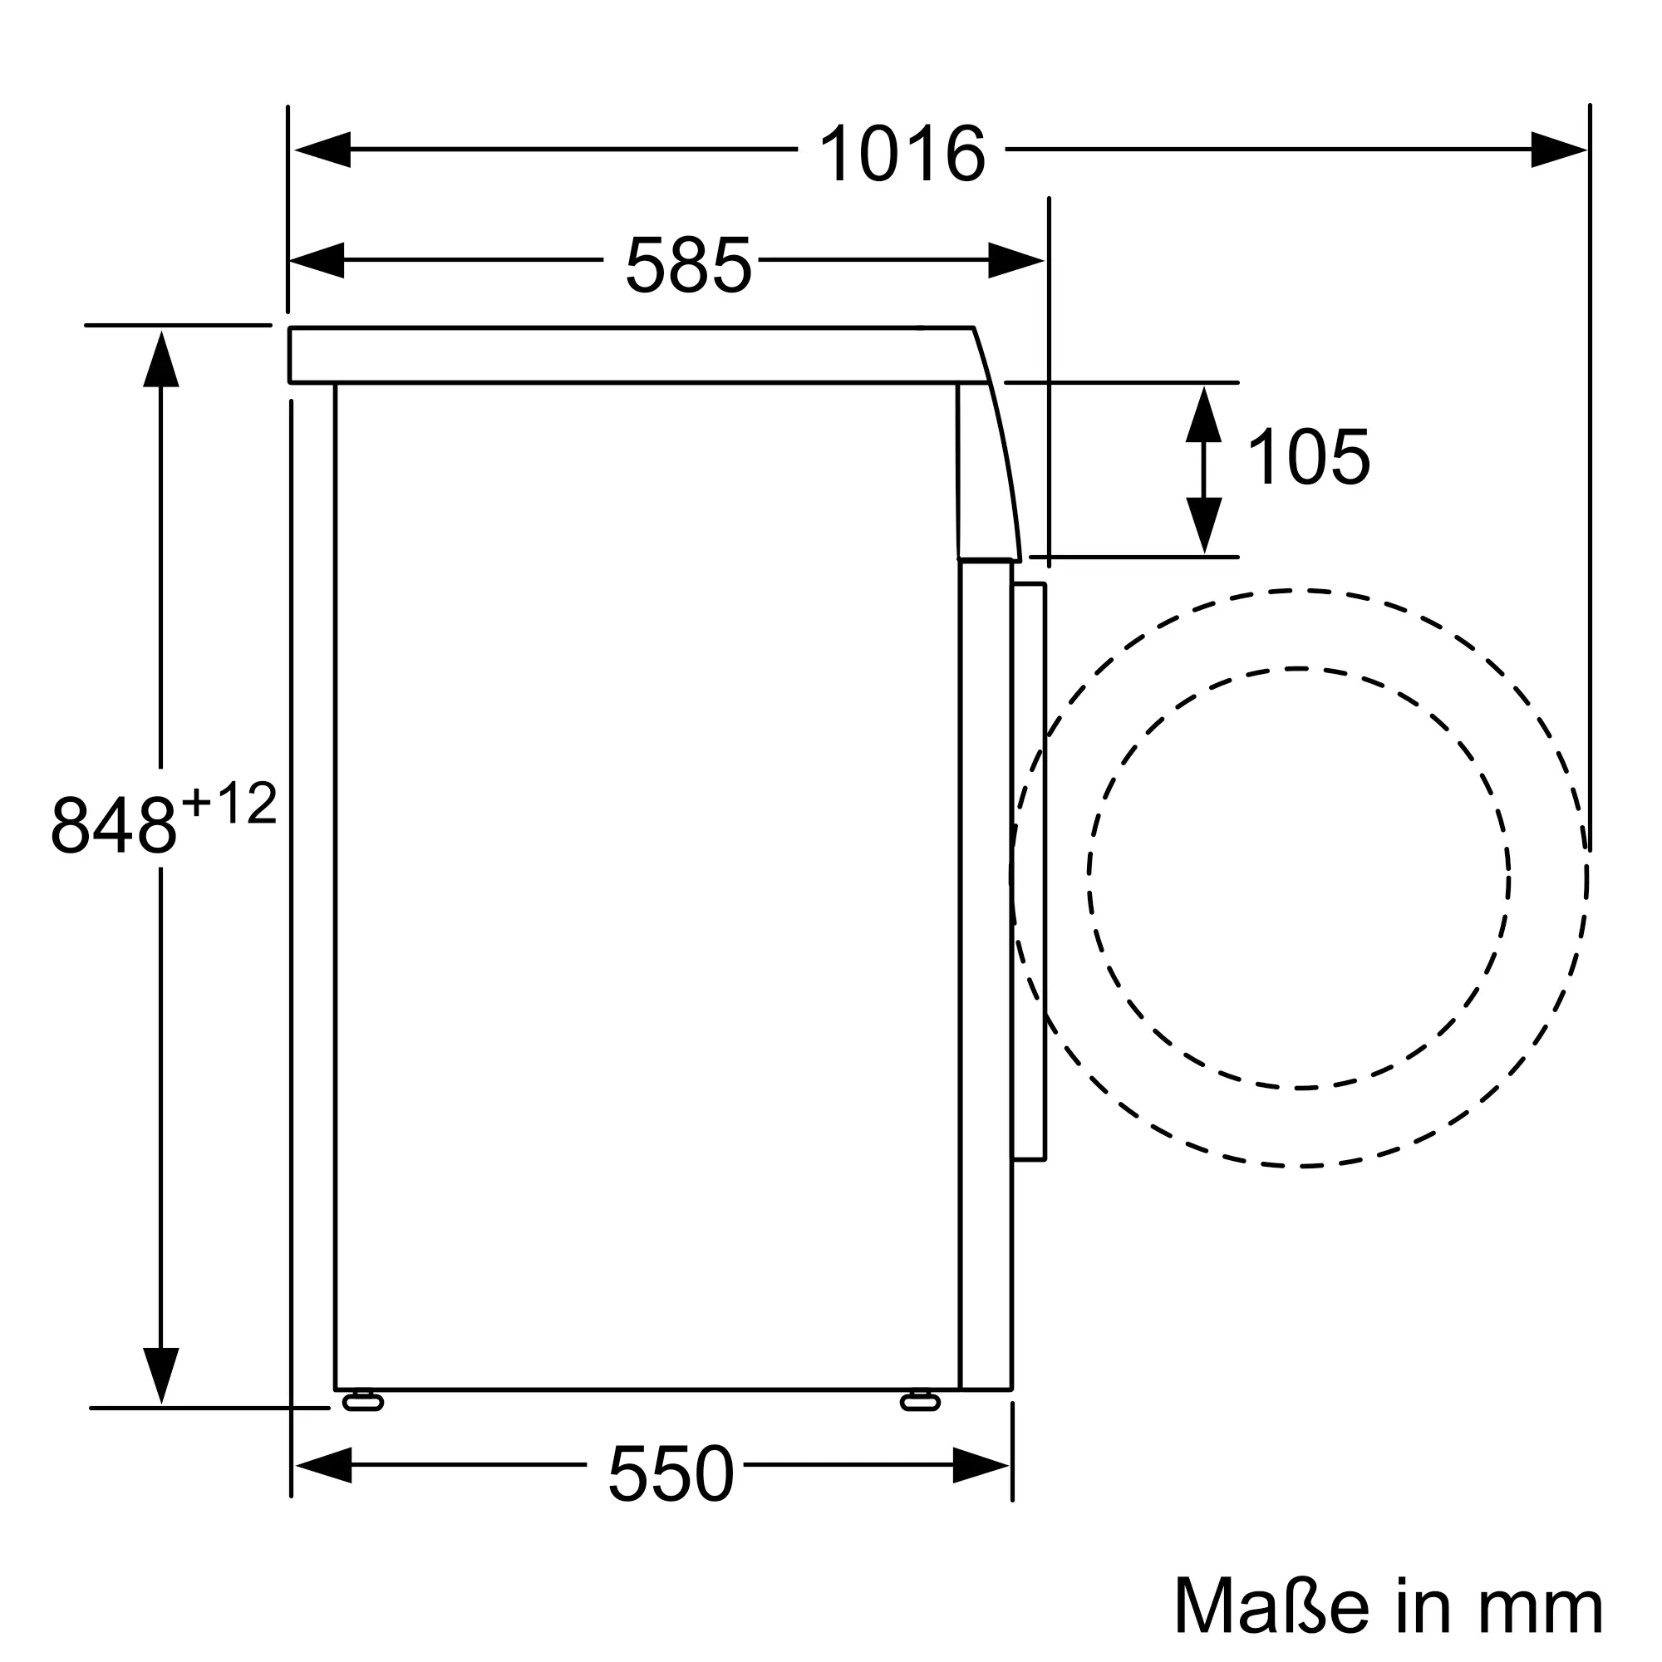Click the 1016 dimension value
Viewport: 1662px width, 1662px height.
pyautogui.click(x=902, y=153)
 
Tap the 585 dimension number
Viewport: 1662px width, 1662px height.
pyautogui.click(x=688, y=264)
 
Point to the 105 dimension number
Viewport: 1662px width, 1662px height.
pyautogui.click(x=1307, y=457)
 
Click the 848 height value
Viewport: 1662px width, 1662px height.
pyautogui.click(x=114, y=825)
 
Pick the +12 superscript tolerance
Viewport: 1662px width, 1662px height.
pyautogui.click(x=229, y=804)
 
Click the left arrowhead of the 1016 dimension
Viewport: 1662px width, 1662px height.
pyautogui.click(x=322, y=150)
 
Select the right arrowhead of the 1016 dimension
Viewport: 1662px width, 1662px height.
pyautogui.click(x=1559, y=150)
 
